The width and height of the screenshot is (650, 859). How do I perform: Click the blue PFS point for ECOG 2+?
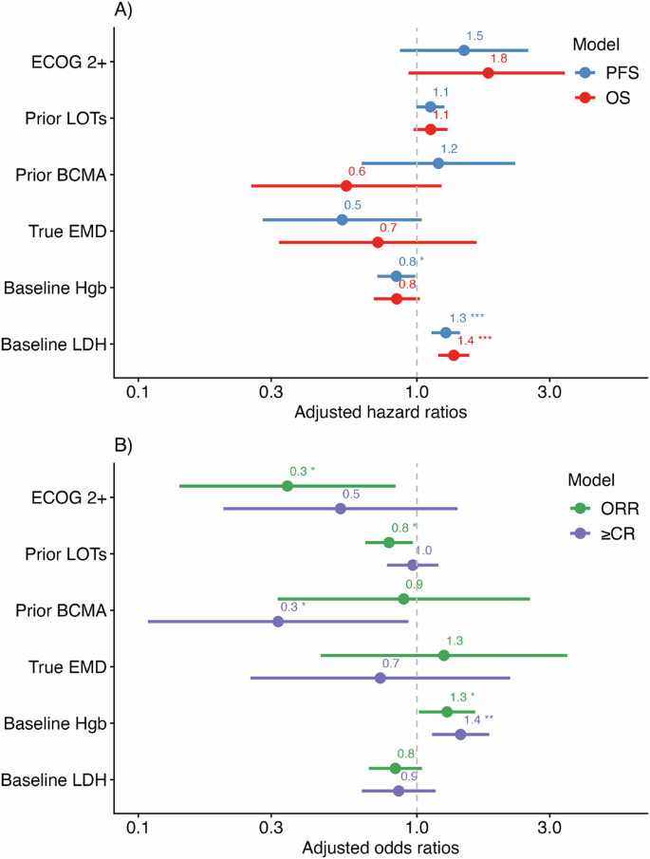[x=464, y=50]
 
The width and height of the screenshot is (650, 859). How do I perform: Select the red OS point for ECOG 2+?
[x=488, y=73]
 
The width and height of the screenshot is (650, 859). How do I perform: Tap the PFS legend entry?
[x=608, y=72]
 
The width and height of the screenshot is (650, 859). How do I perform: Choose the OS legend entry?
[x=608, y=97]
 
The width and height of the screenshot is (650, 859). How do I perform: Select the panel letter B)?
[x=124, y=445]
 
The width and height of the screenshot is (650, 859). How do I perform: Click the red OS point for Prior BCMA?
[x=346, y=186]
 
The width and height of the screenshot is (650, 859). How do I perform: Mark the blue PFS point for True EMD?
[x=342, y=219]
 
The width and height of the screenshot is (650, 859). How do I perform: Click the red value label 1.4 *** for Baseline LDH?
[x=475, y=340]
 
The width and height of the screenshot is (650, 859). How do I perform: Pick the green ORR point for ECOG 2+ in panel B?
[x=288, y=486]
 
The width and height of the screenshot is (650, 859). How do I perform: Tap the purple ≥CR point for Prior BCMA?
[x=278, y=622]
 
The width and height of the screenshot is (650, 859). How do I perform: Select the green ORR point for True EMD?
[x=444, y=655]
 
